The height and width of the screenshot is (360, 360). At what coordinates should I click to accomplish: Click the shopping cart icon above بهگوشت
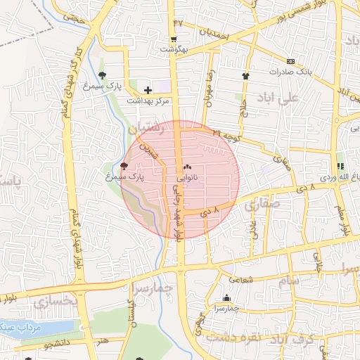(x=174, y=39)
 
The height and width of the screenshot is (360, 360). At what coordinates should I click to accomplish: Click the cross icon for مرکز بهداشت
(x=148, y=90)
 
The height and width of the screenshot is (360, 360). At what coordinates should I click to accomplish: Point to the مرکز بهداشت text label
(x=148, y=101)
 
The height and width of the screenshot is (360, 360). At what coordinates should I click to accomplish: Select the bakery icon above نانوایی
(x=187, y=168)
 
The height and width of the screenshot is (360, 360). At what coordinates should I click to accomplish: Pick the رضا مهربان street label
(x=209, y=88)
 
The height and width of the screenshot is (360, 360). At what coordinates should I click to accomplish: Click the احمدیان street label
(x=214, y=32)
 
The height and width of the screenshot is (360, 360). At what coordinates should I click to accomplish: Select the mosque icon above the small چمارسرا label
(x=226, y=298)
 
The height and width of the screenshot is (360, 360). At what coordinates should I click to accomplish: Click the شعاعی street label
(x=239, y=279)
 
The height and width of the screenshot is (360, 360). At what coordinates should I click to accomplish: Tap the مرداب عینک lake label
(x=21, y=328)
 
